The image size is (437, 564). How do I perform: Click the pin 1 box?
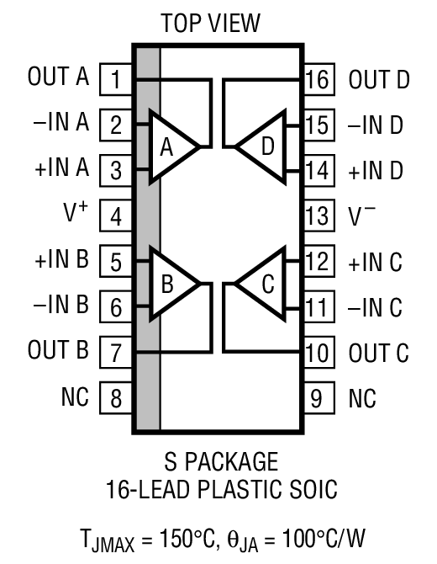click(x=116, y=81)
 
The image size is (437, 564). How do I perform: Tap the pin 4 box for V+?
click(x=116, y=216)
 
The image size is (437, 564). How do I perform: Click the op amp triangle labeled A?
click(x=171, y=147)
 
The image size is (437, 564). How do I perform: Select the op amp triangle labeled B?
click(x=171, y=284)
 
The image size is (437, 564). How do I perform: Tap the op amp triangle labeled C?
click(x=263, y=284)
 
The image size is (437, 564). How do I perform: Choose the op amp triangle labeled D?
click(x=263, y=147)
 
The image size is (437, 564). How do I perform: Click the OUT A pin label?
click(x=59, y=79)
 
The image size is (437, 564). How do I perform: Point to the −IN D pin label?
click(x=376, y=125)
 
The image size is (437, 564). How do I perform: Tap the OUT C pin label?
click(x=379, y=352)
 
